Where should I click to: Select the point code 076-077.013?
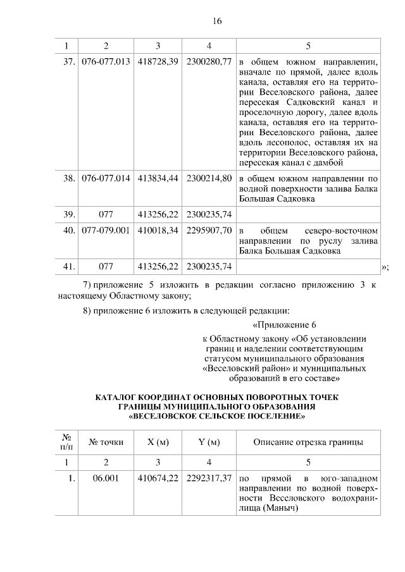(106, 62)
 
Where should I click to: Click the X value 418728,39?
(158, 62)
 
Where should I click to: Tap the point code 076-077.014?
(106, 178)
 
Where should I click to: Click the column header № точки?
(106, 442)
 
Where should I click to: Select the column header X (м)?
(158, 442)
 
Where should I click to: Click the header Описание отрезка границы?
(308, 442)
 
